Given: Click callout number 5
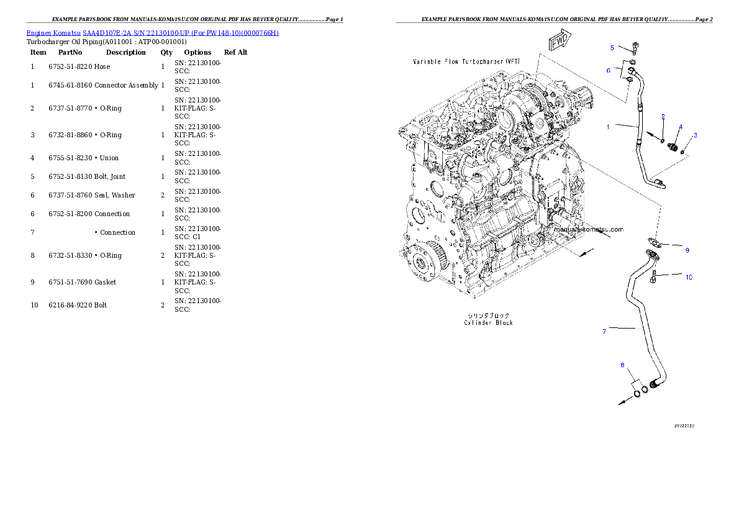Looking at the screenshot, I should click(612, 47).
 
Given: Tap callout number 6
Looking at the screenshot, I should click(609, 70).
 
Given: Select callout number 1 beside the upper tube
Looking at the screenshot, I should click(609, 127).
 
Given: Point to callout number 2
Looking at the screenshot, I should click(663, 117).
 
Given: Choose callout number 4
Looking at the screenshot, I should click(681, 127).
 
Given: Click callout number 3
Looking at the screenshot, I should click(695, 135).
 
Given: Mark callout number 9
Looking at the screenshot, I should click(687, 250).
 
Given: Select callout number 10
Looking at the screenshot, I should click(689, 277).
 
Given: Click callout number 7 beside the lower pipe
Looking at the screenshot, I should click(604, 331).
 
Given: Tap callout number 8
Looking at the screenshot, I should click(622, 365).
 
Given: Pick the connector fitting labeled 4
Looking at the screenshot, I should click(671, 147).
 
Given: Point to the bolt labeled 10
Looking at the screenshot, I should click(655, 277).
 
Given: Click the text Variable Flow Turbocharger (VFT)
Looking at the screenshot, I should click(466, 62).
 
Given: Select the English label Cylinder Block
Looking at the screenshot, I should click(489, 322).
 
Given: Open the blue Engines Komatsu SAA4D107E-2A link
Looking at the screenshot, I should click(152, 32).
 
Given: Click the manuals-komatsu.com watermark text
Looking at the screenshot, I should click(589, 229).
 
